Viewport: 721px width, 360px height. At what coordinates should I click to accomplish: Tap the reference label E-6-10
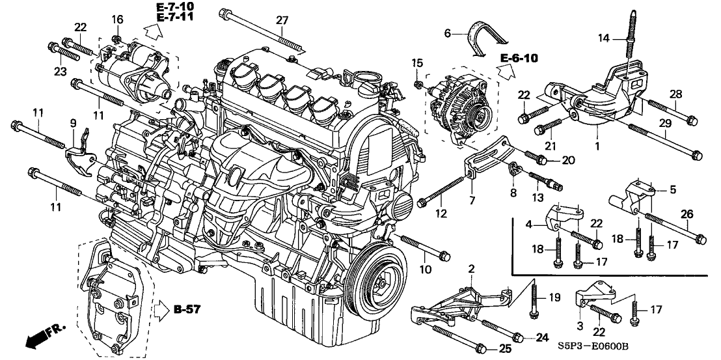(x=520, y=59)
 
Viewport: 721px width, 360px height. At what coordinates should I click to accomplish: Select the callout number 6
(x=447, y=33)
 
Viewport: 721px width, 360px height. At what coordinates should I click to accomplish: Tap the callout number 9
(x=73, y=122)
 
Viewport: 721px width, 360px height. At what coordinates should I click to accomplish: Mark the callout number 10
(x=425, y=269)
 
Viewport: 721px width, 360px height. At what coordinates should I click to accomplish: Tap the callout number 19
(x=554, y=297)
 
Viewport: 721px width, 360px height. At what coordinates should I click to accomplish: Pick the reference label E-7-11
(x=175, y=19)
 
